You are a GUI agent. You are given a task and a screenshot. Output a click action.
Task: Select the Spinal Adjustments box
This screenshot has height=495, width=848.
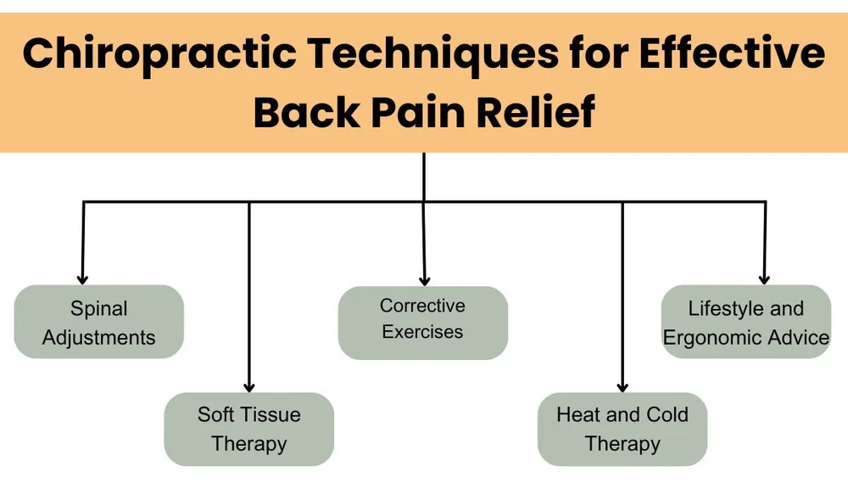tap(99, 322)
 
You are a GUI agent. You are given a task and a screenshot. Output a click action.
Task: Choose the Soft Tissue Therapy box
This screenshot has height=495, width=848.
tap(249, 429)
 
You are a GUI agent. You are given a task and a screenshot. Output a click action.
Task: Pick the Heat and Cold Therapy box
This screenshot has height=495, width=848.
tap(622, 429)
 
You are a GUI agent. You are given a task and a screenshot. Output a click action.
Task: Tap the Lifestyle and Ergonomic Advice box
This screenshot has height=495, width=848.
tap(746, 322)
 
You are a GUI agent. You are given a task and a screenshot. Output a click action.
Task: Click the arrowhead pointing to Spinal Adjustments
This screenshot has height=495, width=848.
tap(82, 277)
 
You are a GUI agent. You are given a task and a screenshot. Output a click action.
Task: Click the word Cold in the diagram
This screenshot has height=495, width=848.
tap(667, 414)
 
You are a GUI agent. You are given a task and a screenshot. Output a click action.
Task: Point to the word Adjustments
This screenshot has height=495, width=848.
tap(99, 337)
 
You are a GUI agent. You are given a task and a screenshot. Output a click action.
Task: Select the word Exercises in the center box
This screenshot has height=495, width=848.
tap(422, 332)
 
